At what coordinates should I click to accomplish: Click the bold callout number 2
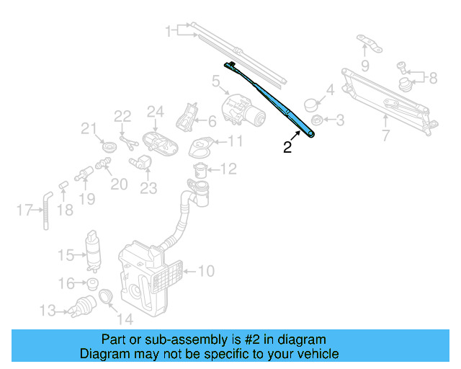pos(287,148)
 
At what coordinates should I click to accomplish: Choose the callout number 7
pos(385,135)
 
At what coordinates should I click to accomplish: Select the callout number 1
pos(169,32)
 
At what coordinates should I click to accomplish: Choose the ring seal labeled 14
pos(105,296)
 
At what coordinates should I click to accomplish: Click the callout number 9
pos(364,66)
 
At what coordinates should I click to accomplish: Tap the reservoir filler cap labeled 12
pos(201,170)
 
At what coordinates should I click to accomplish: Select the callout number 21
pos(88,130)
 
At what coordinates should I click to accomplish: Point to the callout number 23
pos(148,188)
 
